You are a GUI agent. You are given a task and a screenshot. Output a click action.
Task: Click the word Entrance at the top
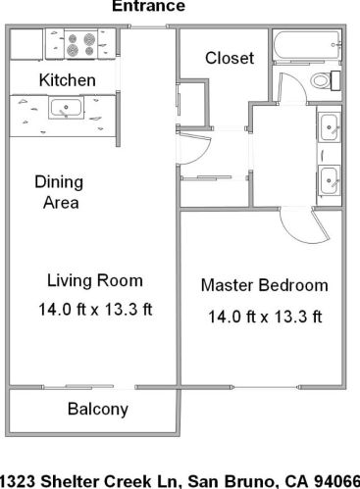point(149,6)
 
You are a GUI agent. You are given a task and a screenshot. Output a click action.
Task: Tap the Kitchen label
point(68,80)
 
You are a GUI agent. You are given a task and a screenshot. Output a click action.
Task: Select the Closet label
point(230,58)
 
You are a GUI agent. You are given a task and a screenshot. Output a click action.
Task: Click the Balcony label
point(98,410)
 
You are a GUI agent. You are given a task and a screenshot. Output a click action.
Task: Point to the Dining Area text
point(59,192)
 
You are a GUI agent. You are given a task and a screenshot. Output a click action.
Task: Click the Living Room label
point(95,281)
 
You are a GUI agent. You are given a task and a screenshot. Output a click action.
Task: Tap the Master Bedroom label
point(265,285)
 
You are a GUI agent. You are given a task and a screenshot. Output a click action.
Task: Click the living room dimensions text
point(95,309)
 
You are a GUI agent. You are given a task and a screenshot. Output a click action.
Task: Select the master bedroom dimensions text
point(265,317)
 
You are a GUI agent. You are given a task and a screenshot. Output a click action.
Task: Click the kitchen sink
point(66,108)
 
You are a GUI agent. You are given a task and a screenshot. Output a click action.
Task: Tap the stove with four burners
point(80,44)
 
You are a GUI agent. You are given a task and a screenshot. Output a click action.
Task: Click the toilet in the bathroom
point(325,80)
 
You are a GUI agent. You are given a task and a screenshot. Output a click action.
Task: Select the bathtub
point(306,45)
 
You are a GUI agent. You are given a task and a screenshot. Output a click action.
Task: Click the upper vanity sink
point(329,127)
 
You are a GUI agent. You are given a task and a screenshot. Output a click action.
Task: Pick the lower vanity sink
point(329,180)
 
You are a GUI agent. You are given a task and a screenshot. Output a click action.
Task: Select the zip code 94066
point(336,481)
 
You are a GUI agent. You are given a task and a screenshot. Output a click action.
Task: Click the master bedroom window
point(266,387)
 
